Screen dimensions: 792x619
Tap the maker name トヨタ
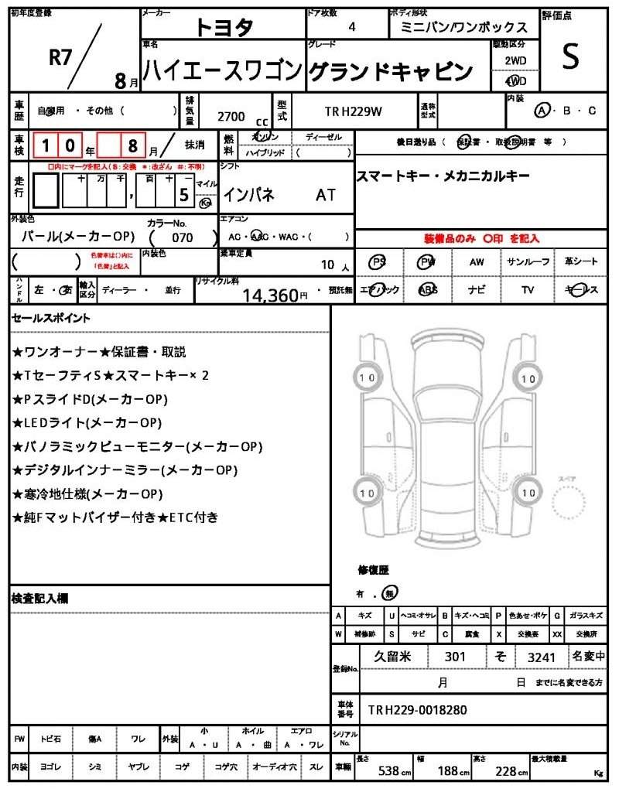(224, 28)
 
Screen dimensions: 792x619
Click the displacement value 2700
(231, 117)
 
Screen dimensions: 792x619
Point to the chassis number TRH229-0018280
(417, 710)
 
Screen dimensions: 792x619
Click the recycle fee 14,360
(270, 295)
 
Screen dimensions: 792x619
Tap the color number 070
(183, 237)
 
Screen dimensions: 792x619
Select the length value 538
(388, 771)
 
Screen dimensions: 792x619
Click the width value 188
(448, 771)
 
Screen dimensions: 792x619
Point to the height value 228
(506, 771)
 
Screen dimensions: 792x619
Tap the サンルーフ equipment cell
(528, 262)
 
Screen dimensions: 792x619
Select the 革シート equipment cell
(581, 262)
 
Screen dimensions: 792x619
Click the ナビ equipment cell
(477, 290)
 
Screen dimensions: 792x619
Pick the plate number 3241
(541, 657)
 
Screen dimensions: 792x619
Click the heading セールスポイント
(50, 318)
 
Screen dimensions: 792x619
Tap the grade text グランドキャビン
(391, 72)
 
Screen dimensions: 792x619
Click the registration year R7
(60, 57)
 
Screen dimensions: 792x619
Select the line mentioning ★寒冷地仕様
(87, 493)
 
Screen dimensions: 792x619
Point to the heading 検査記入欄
(40, 599)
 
